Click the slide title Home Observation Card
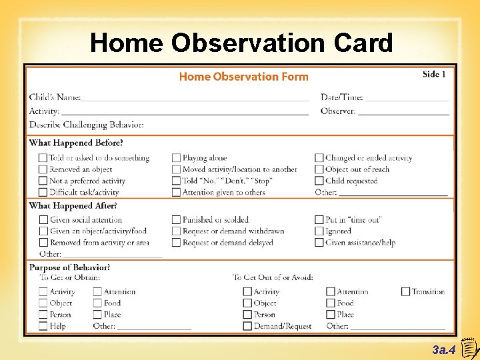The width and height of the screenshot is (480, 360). (x=241, y=43)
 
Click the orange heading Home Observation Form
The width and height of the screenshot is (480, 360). (x=243, y=77)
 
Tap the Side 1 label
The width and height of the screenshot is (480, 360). (x=434, y=74)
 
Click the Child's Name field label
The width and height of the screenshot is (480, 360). (x=55, y=97)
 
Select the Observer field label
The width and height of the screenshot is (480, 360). (x=338, y=111)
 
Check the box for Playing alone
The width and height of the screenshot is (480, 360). (x=176, y=158)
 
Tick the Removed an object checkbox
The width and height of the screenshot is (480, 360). (x=43, y=169)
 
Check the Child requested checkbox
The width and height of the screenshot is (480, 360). (x=319, y=181)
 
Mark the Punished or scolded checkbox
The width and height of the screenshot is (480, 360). (x=176, y=219)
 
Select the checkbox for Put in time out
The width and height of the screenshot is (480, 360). (x=319, y=219)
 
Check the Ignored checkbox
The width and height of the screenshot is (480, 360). (x=319, y=231)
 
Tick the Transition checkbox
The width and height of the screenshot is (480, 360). (x=405, y=291)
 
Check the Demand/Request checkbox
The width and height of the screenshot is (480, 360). (x=247, y=326)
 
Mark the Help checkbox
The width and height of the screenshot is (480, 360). (x=43, y=326)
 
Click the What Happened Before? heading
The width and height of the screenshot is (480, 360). (x=76, y=143)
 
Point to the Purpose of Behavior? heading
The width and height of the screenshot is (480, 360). (x=69, y=267)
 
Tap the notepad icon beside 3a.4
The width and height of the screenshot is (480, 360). (x=469, y=347)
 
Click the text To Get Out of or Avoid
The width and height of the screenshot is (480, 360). (x=273, y=277)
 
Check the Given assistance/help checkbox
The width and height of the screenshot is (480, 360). (x=319, y=243)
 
